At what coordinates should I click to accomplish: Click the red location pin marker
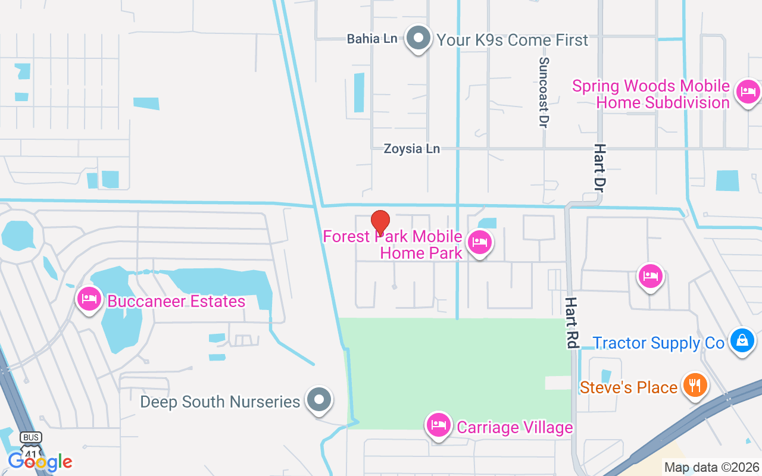[380, 223]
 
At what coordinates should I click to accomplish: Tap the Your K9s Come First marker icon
[419, 39]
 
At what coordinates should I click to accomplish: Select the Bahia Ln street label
[372, 39]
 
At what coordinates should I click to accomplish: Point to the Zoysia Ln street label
[412, 149]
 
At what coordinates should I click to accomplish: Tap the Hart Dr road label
[599, 167]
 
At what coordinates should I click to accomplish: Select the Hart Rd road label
[571, 323]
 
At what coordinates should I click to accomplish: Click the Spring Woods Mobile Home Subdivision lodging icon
[748, 92]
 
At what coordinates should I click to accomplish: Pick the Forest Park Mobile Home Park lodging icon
[479, 243]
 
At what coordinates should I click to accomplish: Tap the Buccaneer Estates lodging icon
[89, 299]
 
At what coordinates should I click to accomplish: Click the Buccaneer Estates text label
[176, 301]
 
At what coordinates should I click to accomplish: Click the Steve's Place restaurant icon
[694, 384]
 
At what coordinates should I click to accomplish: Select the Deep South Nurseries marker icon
[319, 399]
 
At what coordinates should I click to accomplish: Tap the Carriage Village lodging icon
[439, 425]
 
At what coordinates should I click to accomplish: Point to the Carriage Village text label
[514, 427]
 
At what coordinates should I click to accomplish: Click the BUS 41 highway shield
[31, 443]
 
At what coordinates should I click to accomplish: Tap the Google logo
[40, 462]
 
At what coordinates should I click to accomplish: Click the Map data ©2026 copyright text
[711, 468]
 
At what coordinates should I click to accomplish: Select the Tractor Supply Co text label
[659, 343]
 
